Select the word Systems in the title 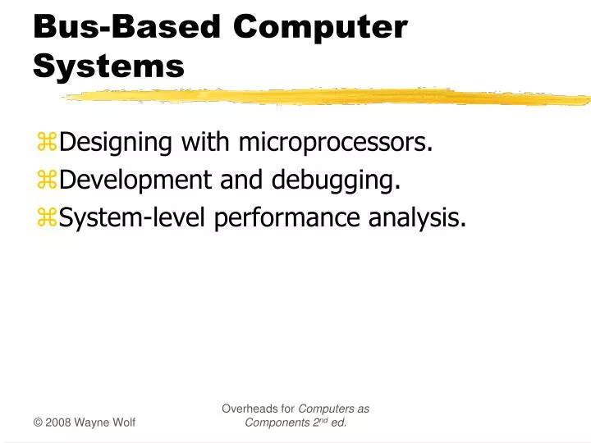click(109, 66)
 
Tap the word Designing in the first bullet click(116, 143)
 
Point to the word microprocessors click(336, 143)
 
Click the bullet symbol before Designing click(47, 144)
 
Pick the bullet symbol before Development click(47, 180)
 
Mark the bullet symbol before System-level click(47, 217)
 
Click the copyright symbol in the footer click(38, 422)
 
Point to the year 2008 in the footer click(58, 422)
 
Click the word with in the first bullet click(207, 143)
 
